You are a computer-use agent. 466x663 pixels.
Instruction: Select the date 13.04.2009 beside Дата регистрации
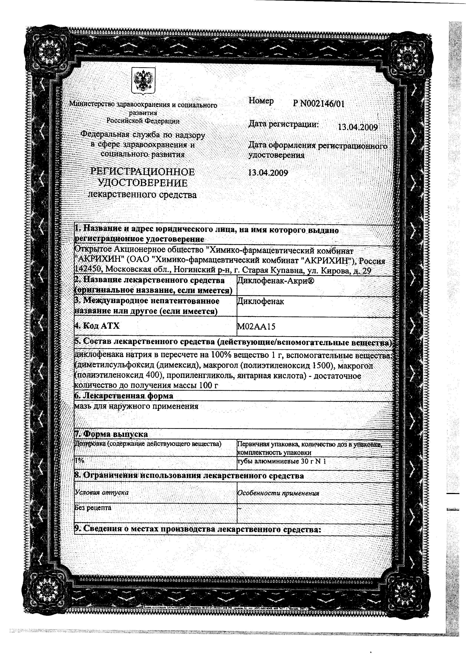pos(358,127)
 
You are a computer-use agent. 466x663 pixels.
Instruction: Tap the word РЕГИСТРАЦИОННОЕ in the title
pos(143,172)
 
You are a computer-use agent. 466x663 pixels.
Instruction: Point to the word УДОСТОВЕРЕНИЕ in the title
pos(143,183)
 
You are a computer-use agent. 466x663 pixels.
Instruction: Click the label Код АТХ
pos(97,326)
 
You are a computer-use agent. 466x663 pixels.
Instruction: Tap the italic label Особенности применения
pos(278,493)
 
